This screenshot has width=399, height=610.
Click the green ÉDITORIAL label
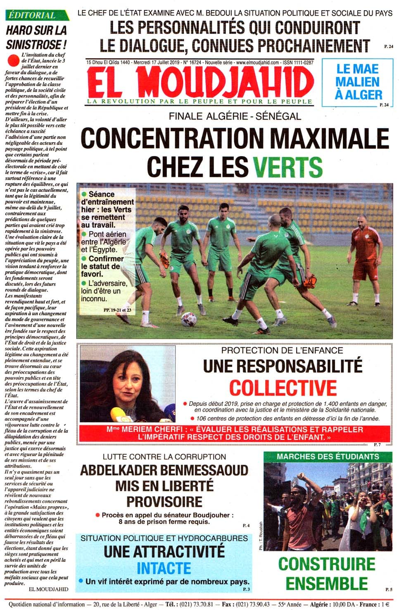pos(32,15)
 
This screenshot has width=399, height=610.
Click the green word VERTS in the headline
pos(287,167)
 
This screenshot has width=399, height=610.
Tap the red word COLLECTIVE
pos(283,388)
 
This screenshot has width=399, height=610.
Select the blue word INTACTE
pos(164,568)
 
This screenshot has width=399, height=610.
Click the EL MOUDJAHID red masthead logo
pos(200,82)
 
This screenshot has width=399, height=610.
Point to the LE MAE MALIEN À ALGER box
pos(358,82)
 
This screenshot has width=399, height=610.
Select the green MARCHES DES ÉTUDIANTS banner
pos(328,457)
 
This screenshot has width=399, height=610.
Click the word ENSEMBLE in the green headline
pos(326,583)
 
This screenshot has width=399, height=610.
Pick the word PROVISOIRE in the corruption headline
pos(164,502)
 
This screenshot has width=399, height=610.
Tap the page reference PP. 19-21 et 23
pos(117,310)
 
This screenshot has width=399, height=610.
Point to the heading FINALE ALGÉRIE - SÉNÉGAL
pos(235,117)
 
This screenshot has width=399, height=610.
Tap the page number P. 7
pos(377,445)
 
